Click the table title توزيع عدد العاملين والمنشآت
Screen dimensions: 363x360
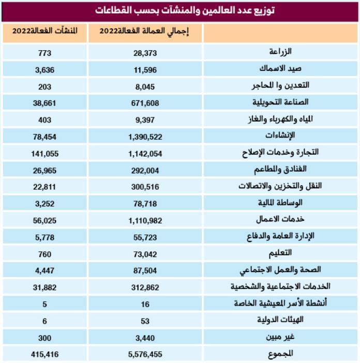(179, 10)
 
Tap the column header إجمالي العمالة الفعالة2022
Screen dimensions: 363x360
(145, 32)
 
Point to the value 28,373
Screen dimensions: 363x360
(145, 53)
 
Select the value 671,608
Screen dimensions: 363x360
(145, 103)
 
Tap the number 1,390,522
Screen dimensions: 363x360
(145, 136)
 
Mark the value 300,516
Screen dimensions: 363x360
(145, 186)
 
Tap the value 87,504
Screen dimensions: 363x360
(145, 269)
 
